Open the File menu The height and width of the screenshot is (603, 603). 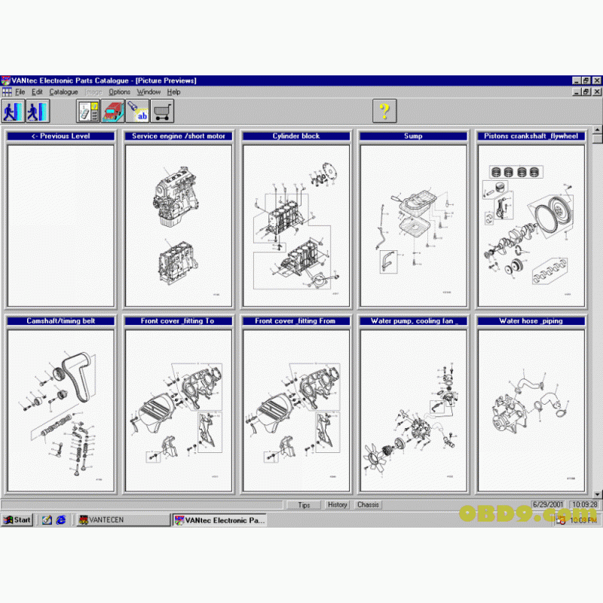20,92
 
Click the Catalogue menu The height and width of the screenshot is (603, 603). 63,92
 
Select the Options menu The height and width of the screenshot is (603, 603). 119,92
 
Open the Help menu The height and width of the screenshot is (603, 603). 173,92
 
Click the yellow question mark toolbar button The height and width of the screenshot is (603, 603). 384,111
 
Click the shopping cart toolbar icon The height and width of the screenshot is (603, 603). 161,111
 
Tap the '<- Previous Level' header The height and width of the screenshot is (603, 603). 60,136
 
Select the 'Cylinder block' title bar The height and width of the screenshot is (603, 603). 295,136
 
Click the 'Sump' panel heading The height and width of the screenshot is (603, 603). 413,136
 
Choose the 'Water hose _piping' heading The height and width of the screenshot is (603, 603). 531,321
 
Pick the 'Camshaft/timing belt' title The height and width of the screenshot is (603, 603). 60,321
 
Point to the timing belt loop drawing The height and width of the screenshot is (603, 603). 76,376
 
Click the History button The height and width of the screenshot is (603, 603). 337,504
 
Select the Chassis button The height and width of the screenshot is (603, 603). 368,504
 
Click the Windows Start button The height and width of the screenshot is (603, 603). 17,519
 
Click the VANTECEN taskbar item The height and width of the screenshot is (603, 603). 123,519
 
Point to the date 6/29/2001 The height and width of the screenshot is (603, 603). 548,504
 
